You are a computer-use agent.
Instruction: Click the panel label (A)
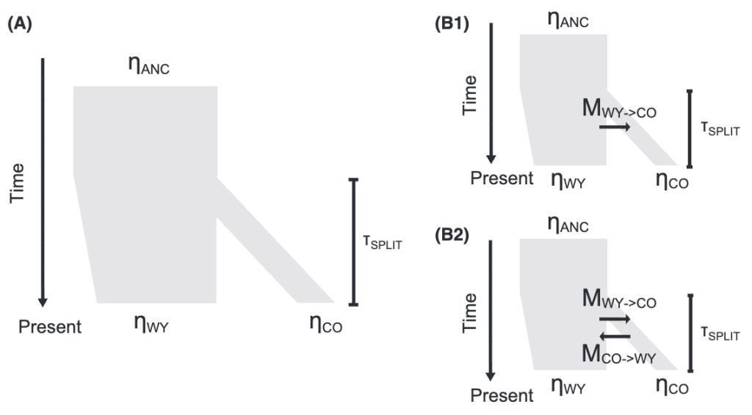pyautogui.click(x=20, y=23)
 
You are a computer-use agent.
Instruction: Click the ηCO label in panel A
pyautogui.click(x=325, y=323)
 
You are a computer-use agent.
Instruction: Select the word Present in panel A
pyautogui.click(x=50, y=326)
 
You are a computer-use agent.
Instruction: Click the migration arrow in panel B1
pyautogui.click(x=615, y=127)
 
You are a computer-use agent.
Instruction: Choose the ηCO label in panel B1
pyautogui.click(x=672, y=179)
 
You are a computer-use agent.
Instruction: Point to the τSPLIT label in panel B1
pyautogui.click(x=719, y=131)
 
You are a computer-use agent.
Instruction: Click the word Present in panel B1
pyautogui.click(x=502, y=178)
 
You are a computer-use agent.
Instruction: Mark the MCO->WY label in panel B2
pyautogui.click(x=618, y=356)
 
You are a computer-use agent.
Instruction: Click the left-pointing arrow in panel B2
pyautogui.click(x=615, y=336)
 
